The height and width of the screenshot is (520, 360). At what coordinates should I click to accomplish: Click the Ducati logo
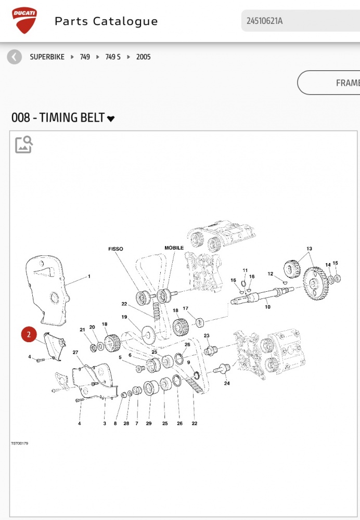coord(24,21)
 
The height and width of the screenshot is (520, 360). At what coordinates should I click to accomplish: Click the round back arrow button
coord(15,57)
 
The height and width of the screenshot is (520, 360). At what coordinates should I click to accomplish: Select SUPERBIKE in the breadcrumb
coord(47,57)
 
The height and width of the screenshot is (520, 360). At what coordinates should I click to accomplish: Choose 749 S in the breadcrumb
coord(113,57)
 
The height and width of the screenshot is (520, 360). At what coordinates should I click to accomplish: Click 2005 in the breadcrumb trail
coord(144,57)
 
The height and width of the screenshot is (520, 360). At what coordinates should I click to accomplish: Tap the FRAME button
coord(333,83)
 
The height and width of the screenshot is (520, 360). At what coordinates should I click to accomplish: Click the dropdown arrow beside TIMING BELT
coord(111,119)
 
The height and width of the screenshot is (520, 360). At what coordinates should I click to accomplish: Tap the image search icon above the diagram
coord(24,145)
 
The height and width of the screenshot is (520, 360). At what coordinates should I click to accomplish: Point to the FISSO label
coord(116,249)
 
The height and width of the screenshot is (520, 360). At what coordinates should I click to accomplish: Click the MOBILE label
coord(174,248)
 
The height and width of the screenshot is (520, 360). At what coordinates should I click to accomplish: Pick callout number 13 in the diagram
coord(309,249)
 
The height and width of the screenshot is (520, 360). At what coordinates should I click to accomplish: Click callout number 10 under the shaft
coord(267,307)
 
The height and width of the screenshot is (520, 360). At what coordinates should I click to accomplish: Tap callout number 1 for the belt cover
coord(89,276)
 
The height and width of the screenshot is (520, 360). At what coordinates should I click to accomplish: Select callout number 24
coord(227,384)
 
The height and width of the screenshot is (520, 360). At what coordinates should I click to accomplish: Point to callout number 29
coord(149,423)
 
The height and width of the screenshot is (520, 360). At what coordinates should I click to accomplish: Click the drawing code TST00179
coord(20,444)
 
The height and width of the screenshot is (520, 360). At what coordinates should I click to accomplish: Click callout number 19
coord(125,317)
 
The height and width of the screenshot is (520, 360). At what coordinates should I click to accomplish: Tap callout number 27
coord(75,353)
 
